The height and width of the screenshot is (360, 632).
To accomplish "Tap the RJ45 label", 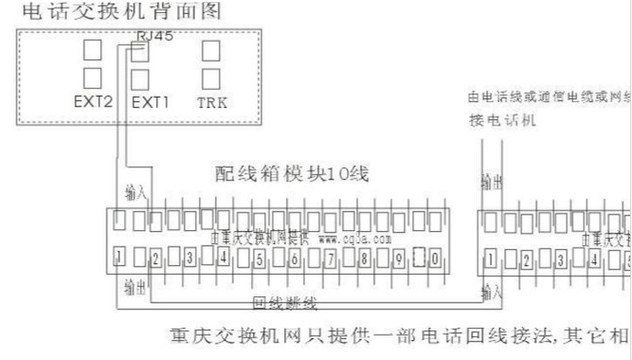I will (154, 36).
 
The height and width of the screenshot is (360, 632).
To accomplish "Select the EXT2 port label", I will (93, 102).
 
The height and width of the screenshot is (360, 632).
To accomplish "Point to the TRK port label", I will (212, 102).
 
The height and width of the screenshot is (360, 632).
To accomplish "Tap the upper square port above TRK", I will (210, 50).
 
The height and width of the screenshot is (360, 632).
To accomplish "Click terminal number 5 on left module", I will (259, 258).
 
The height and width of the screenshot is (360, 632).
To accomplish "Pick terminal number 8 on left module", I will (364, 258).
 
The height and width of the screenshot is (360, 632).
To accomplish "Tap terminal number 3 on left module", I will (188, 258).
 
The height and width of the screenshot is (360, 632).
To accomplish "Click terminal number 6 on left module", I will (295, 258).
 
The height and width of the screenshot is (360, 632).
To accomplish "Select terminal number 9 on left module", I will (398, 258).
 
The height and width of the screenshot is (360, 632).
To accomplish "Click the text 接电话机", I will (502, 121).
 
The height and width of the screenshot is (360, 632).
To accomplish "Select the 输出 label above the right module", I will (492, 181).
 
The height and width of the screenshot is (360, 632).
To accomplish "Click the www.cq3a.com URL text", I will (355, 237).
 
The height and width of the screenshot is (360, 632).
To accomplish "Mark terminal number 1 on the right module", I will (492, 259).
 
